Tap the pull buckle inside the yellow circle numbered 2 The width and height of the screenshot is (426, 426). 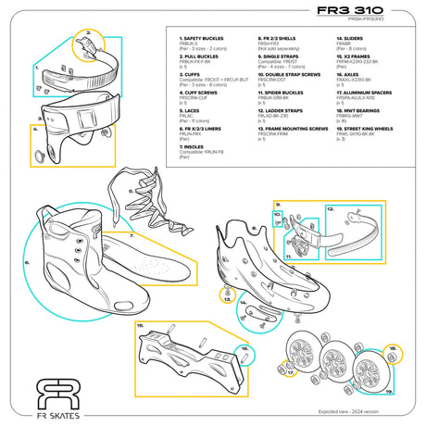[87, 42]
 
